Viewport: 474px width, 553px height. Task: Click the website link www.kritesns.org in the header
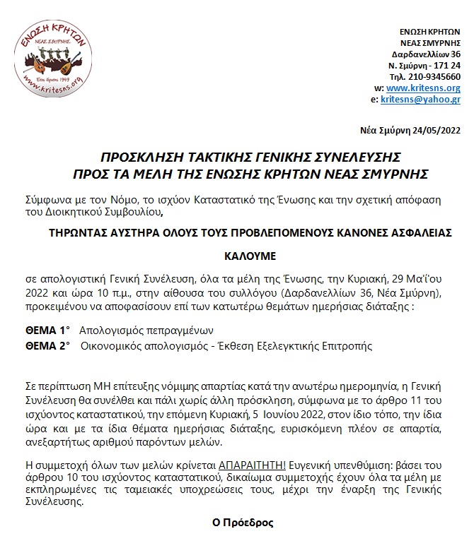coord(424,88)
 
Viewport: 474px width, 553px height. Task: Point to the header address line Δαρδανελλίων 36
coord(426,54)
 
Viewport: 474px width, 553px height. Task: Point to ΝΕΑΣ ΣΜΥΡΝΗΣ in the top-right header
coord(431,42)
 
